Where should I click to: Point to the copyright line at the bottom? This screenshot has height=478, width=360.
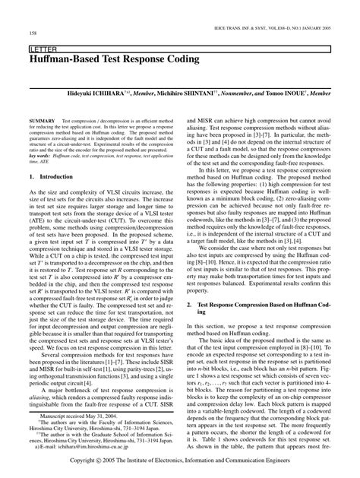(x=179, y=461)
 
